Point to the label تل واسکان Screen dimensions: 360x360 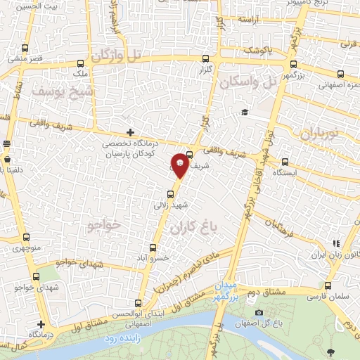(248, 82)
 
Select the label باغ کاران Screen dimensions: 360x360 (191, 227)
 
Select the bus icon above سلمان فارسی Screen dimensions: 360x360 (328, 285)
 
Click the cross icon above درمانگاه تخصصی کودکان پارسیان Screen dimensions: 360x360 (130, 132)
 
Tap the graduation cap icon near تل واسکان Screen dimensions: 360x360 (244, 112)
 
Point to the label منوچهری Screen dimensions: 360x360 (24, 248)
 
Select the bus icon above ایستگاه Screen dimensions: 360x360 (284, 161)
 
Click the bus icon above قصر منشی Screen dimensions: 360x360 (26, 49)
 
